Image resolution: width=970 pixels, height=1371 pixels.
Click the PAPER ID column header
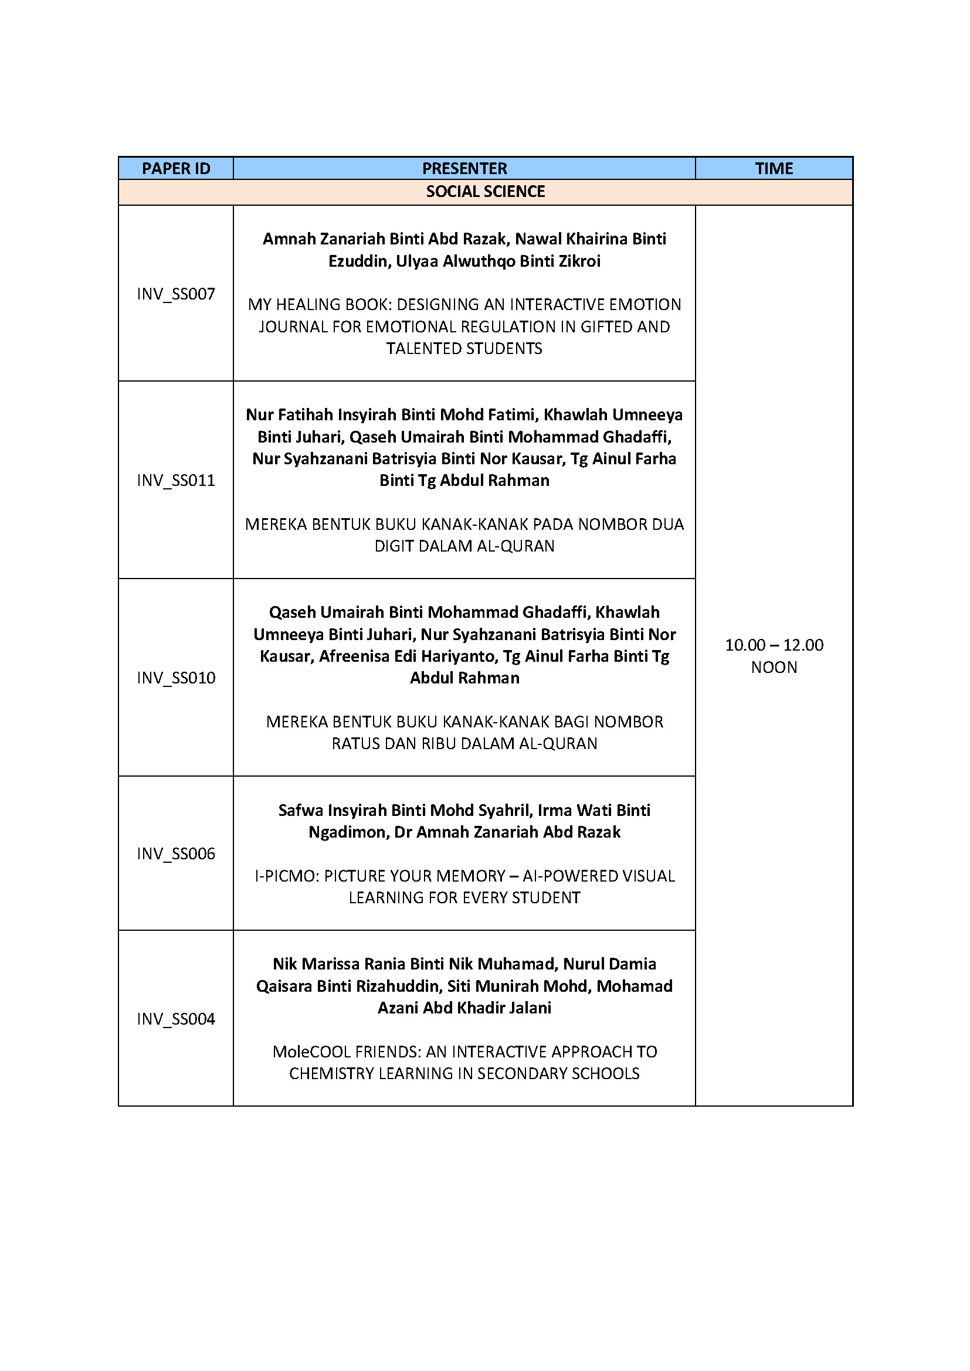click(175, 168)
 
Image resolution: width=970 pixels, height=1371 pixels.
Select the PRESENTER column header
click(464, 168)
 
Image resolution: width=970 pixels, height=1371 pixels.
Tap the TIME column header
click(774, 168)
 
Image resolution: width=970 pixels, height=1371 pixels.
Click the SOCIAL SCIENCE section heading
click(485, 192)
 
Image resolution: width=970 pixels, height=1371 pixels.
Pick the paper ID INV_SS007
click(175, 294)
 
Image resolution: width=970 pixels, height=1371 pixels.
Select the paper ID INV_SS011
click(175, 480)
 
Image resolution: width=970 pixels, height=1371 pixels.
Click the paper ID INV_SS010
click(175, 678)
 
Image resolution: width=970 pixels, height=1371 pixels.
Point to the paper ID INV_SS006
click(175, 853)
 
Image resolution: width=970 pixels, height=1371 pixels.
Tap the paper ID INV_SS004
click(175, 1019)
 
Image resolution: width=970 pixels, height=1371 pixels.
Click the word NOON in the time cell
click(774, 667)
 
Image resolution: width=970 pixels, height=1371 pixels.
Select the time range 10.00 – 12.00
click(774, 645)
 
